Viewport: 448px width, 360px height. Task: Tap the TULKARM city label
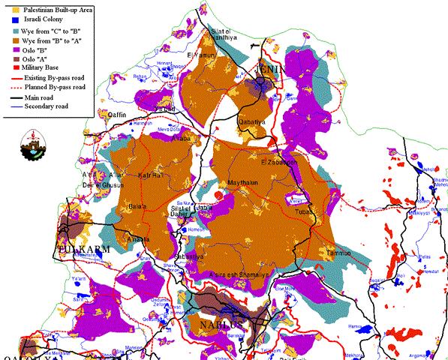click(84, 249)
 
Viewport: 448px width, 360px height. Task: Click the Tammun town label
click(339, 253)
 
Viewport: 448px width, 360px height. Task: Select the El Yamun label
click(205, 55)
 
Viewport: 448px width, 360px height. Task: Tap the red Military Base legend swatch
click(8, 67)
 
